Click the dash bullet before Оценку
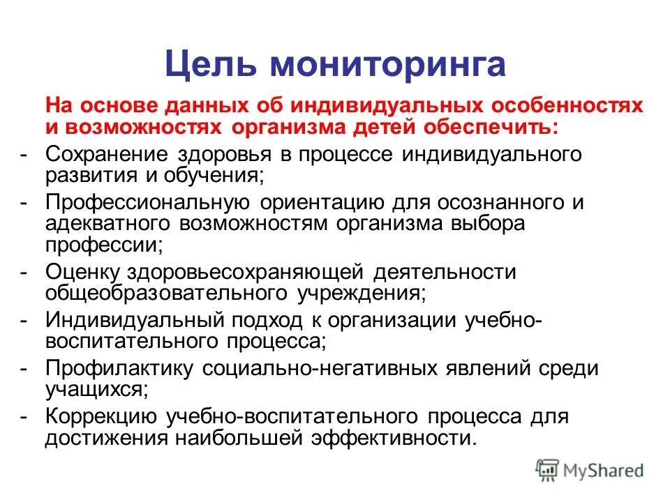(x=24, y=271)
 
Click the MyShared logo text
(x=604, y=471)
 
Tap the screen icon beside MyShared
(x=548, y=470)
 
